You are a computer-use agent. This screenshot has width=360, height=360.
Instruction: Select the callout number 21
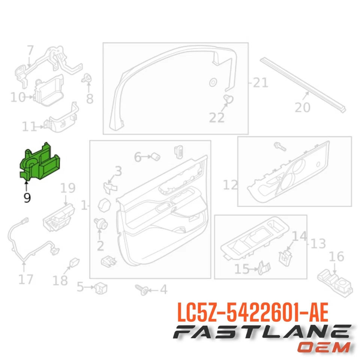[260, 82]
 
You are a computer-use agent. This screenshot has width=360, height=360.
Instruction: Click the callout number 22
[216, 117]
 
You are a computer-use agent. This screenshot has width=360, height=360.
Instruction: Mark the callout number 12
[230, 184]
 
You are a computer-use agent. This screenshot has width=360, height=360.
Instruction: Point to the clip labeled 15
[264, 267]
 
